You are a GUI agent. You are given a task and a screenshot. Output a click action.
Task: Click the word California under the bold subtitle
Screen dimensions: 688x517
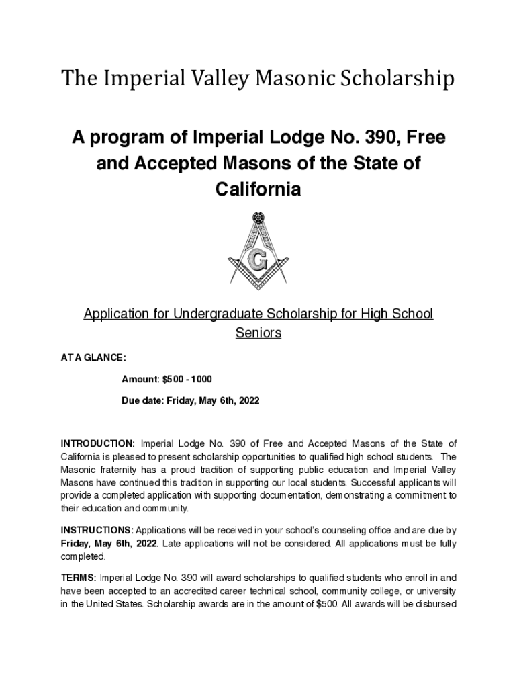coord(258,189)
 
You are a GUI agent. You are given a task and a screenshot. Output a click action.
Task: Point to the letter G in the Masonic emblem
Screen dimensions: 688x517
coord(257,259)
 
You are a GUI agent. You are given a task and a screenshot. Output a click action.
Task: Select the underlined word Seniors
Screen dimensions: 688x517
coord(258,333)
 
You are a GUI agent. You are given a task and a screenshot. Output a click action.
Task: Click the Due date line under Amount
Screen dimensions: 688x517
coord(190,400)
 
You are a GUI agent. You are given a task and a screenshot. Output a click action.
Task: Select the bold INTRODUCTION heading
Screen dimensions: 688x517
coord(98,443)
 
